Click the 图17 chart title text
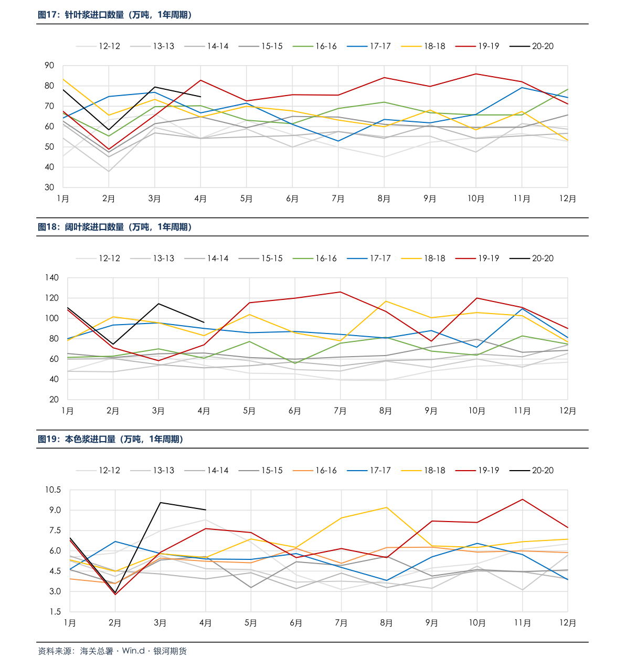coord(114,15)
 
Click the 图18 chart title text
coord(114,227)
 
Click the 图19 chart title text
coord(110,440)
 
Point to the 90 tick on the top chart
coord(49,66)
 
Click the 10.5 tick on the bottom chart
coord(52,490)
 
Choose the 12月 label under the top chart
coord(567,199)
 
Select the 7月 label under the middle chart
coord(340,411)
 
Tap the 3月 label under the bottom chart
coord(160,623)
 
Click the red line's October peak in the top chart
coord(476,74)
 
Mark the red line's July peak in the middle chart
coord(340,292)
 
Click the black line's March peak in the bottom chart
coord(160,503)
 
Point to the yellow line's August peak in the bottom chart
coord(387,507)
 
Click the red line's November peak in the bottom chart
coord(522,499)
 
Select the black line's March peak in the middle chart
coord(158,304)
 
